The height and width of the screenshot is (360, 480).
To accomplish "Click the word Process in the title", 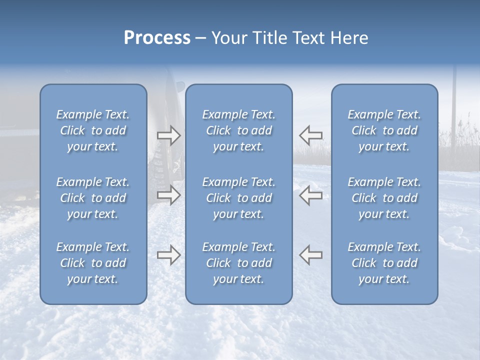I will point(157,38).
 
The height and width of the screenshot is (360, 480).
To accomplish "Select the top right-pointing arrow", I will point(168,135).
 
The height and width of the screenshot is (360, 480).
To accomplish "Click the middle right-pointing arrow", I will point(168,195).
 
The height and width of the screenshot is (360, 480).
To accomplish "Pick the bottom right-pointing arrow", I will point(168,255).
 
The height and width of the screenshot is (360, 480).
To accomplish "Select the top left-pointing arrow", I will point(311,135).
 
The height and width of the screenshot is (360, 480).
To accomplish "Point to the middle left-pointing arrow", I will point(311,195).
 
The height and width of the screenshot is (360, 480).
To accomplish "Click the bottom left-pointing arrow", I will point(311,255).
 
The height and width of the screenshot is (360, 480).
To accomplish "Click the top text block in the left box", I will point(93,130).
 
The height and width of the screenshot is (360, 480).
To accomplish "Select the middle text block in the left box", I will point(93,198).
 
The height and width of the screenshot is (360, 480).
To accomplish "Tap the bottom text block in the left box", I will point(93,263).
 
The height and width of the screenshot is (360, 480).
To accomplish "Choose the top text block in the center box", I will point(239,130).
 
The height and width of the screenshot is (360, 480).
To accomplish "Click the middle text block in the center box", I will point(239,198).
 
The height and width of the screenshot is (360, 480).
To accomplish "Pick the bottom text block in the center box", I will point(239,263).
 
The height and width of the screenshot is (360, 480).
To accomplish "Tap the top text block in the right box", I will point(384,130).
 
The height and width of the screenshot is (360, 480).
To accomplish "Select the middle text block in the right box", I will point(384,198).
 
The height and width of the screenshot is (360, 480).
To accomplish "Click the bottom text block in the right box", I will point(384,263).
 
